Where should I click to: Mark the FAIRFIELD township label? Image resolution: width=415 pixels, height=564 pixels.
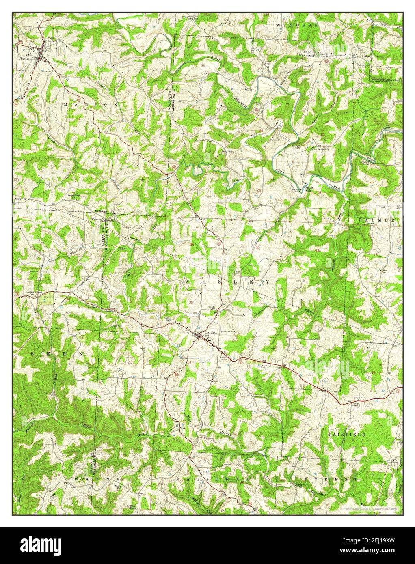coord(346,434)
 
